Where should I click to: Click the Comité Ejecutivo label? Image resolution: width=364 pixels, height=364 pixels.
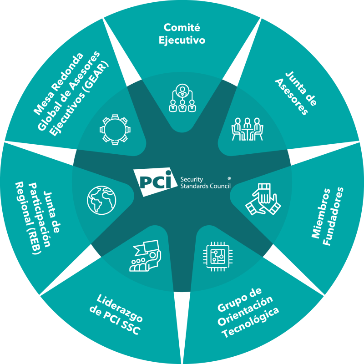182,33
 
